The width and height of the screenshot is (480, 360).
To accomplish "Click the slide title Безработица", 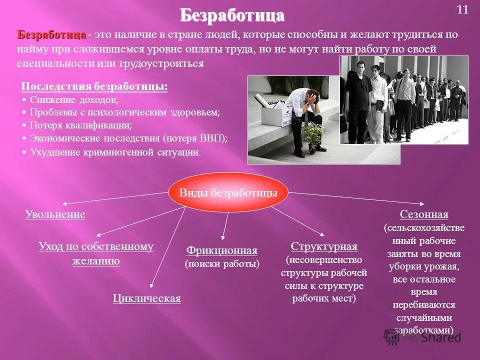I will point(232,15).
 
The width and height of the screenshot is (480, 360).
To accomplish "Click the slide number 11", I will point(462,10).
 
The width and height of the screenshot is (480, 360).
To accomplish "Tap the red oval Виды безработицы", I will point(228,193).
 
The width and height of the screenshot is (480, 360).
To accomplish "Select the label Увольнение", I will point(55,214).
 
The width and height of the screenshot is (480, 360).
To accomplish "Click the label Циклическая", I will point(146,298).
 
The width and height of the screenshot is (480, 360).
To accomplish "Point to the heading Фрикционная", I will point(222,250).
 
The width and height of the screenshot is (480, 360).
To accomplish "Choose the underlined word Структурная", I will point(324,246).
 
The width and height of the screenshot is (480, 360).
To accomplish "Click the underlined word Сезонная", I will point(424,214).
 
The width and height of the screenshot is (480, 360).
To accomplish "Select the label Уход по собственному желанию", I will point(95,253).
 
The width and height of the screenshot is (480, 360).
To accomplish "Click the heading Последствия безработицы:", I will point(94,86).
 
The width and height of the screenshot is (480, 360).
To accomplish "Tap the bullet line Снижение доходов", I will point(74,100).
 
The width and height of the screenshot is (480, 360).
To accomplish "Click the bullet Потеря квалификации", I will point(80,125).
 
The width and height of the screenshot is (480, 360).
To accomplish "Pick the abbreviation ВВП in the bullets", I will point(212,138).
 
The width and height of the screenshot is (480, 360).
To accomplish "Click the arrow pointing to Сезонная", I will point(357,198).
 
